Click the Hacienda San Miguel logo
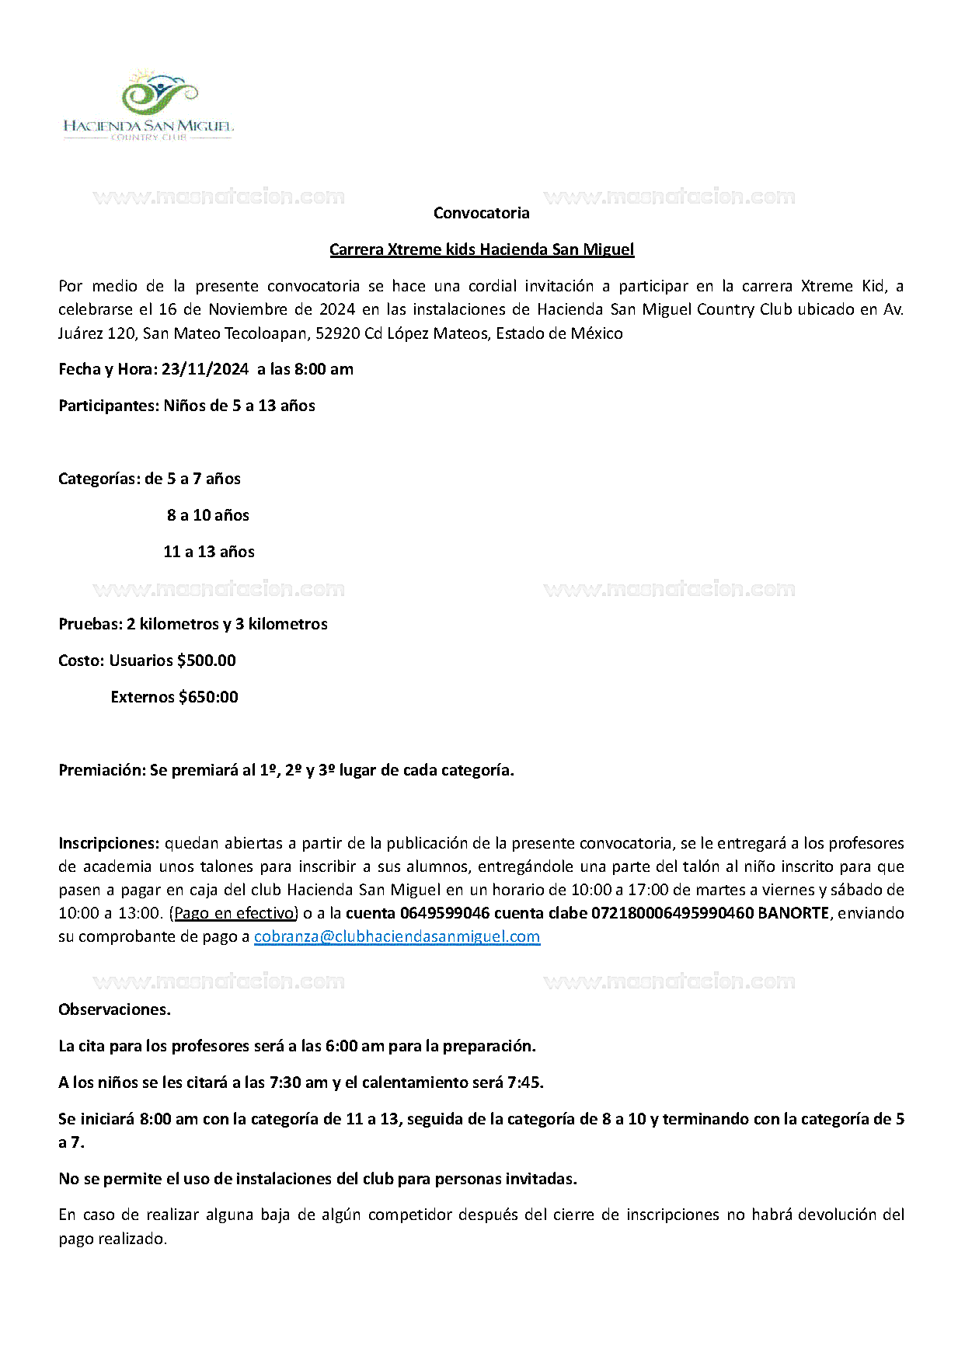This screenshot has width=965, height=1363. pos(148,105)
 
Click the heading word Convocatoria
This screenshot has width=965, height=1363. pos(481,213)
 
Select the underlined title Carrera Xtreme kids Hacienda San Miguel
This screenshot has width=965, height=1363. pos(482,249)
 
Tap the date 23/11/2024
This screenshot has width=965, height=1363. pos(205,369)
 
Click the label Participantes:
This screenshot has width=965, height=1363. pos(109,406)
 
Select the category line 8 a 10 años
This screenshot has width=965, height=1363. pos(208,515)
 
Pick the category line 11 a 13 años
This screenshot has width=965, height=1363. pos(209,552)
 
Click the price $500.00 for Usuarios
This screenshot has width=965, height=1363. pos(207,661)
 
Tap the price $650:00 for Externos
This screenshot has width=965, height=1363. pos(208,697)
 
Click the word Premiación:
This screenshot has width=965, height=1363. pos(103,770)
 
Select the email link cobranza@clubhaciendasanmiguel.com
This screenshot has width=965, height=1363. pos(397,936)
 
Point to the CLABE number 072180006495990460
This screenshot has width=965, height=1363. pos(672,913)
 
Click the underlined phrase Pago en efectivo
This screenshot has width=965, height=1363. pos(234,913)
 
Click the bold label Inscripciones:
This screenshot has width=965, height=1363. pos(109,843)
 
